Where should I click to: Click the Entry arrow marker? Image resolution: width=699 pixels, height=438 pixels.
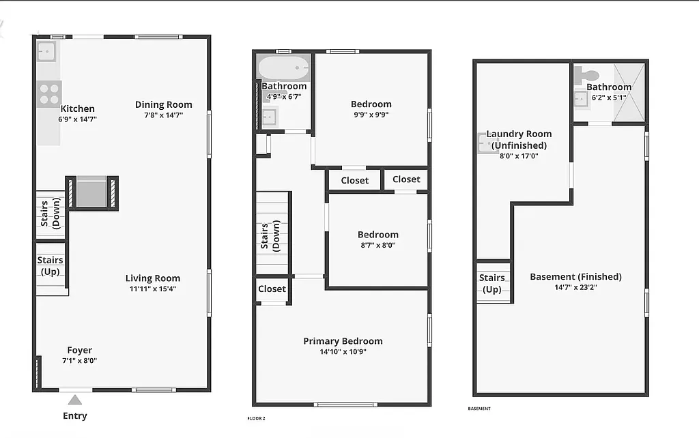75,400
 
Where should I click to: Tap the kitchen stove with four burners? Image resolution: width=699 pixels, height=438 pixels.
49,93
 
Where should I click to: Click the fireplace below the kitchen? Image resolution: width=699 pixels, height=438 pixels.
91,192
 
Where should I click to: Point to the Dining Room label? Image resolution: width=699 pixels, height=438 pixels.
163,104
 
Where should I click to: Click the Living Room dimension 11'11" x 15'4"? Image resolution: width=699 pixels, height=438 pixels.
153,289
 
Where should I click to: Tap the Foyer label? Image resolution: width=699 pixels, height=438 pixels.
80,350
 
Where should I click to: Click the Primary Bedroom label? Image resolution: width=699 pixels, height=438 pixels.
343,341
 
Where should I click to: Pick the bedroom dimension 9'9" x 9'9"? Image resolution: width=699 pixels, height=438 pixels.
371,115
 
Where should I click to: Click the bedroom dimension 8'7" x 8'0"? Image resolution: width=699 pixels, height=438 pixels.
377,245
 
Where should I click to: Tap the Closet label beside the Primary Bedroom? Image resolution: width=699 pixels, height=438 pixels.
272,289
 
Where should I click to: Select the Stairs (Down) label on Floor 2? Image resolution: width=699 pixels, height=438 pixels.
270,237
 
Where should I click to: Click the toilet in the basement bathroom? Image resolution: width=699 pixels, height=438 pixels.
588,75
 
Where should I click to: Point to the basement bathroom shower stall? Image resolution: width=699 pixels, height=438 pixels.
629,93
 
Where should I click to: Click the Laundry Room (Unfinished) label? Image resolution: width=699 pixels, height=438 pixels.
519,139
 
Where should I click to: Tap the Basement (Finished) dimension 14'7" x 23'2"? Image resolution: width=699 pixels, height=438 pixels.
575,288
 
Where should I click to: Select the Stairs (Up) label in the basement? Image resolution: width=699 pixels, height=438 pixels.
492,283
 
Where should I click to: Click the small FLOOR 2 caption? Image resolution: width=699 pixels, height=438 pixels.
256,418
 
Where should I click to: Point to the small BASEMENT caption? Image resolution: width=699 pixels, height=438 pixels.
479,409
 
